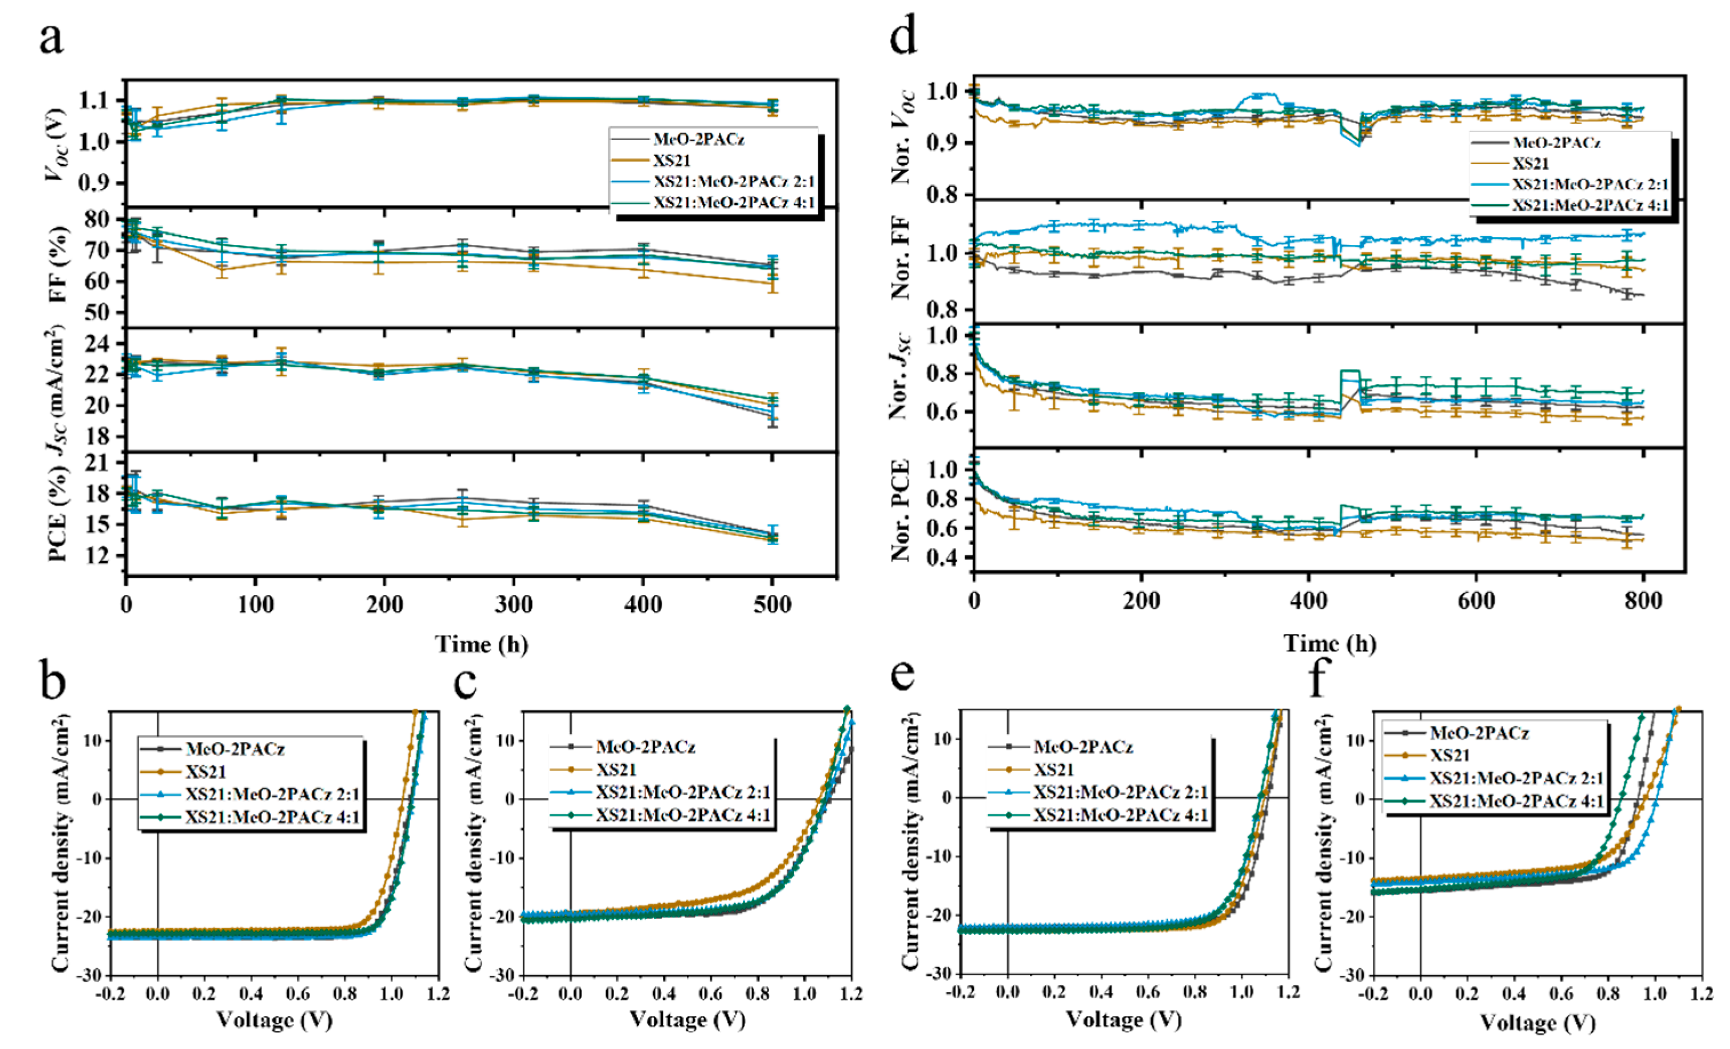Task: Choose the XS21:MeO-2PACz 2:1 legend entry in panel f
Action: pos(1516,778)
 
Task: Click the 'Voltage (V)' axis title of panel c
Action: pos(686,1019)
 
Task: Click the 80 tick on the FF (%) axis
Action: pos(102,220)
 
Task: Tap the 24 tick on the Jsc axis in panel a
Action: pos(102,344)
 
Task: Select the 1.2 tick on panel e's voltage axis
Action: pos(1287,992)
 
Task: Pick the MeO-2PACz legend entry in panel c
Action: pos(644,747)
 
